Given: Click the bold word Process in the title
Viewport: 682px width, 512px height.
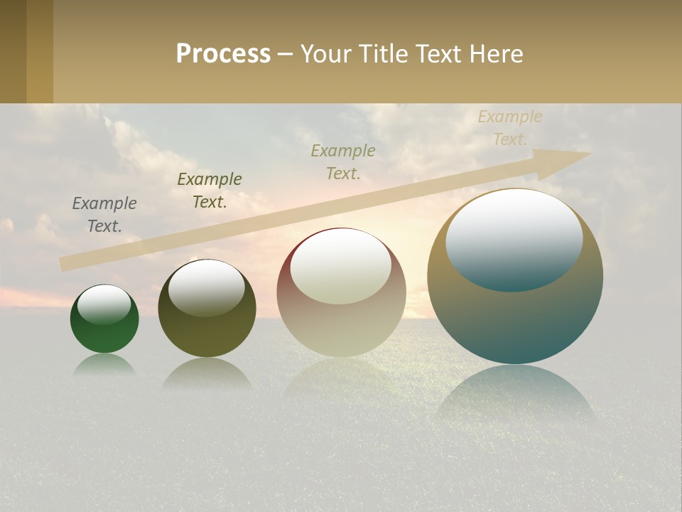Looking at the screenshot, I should (x=223, y=53).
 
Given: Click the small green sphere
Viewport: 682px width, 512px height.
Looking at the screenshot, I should (x=104, y=334).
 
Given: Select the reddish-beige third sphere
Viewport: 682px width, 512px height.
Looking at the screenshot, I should (x=341, y=327).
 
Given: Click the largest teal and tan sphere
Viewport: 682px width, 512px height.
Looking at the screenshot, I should (x=515, y=320).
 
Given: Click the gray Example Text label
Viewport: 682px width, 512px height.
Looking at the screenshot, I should (x=104, y=214).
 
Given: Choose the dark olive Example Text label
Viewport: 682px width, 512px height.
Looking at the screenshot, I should (x=210, y=190).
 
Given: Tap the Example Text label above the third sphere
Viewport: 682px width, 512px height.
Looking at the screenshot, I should (x=343, y=161).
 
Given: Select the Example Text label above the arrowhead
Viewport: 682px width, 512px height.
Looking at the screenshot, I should (x=509, y=128).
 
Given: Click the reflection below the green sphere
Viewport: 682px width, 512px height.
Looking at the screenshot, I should (x=104, y=365).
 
